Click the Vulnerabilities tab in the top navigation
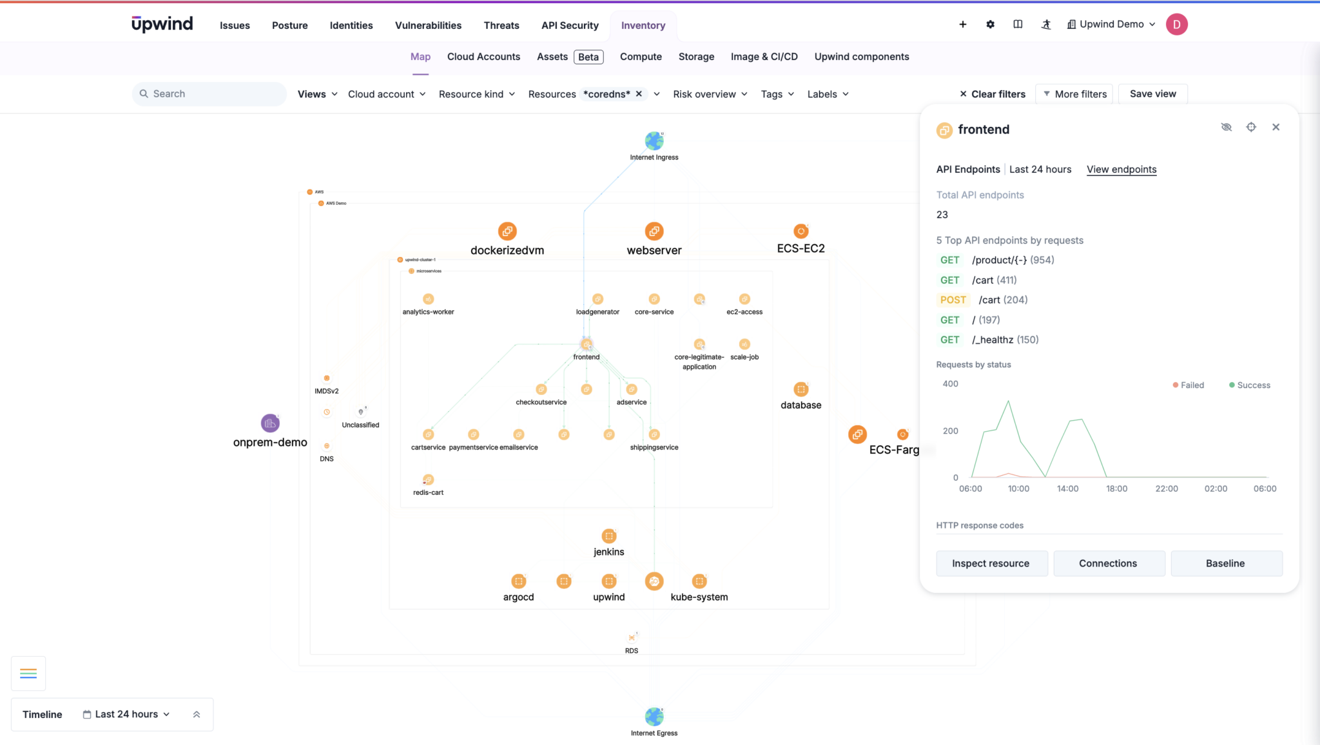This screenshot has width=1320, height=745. tap(428, 25)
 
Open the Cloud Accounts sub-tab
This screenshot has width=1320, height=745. tap(483, 57)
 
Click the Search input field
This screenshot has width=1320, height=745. tap(213, 94)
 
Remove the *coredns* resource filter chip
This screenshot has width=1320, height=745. tap(639, 94)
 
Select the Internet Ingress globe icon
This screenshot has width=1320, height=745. tap(654, 140)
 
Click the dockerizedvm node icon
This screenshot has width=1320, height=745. tap(507, 231)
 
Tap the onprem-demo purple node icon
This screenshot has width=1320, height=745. tap(270, 423)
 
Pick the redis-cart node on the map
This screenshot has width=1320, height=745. tap(429, 480)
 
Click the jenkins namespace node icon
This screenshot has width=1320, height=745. tap(609, 536)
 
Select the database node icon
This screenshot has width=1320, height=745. tap(801, 389)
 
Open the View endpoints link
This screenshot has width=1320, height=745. tap(1121, 169)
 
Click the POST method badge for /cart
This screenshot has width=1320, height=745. tap(953, 300)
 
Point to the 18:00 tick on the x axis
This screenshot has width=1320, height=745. tap(1117, 489)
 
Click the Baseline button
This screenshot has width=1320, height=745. tap(1226, 563)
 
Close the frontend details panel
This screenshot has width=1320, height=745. tap(1276, 127)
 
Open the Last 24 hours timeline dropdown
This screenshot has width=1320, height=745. tap(126, 714)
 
